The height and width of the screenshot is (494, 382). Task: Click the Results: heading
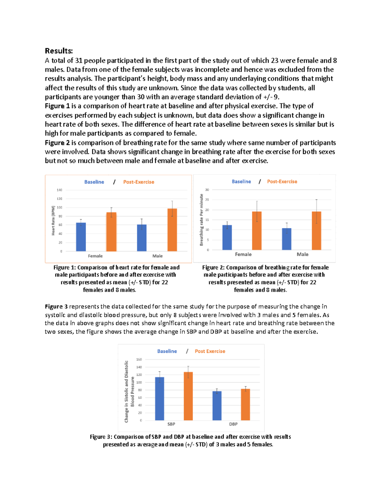point(59,51)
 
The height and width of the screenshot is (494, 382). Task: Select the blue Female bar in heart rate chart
point(81,237)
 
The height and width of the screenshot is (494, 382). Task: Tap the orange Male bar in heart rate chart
point(172,230)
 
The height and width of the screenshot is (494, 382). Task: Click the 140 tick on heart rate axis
point(60,190)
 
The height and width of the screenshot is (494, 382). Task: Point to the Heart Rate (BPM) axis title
point(53,220)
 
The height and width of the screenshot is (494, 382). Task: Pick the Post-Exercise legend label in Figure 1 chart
point(138,182)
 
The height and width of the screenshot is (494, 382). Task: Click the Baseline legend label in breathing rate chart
point(241,182)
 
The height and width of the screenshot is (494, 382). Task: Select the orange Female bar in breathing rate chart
point(257,231)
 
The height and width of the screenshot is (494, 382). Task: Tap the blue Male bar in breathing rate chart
point(286,239)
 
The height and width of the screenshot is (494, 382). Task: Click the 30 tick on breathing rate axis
point(207,190)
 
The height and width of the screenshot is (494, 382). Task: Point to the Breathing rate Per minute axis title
point(201,220)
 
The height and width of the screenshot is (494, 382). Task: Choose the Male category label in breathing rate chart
point(302,254)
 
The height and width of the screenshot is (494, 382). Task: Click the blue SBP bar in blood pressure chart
point(159,399)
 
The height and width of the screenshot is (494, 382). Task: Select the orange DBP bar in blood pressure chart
point(245,405)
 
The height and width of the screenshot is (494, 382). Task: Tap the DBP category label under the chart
point(233,424)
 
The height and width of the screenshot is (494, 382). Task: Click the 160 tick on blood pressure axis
point(139,359)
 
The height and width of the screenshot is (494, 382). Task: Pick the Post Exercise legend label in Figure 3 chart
point(210,351)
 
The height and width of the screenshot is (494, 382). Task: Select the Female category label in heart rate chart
point(95,256)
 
